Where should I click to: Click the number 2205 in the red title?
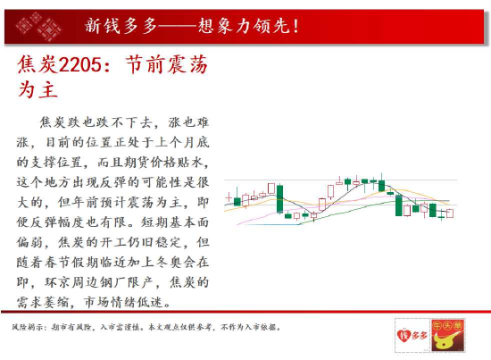click(x=80, y=65)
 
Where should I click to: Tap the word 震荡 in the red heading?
click(x=187, y=64)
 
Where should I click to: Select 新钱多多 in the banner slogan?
click(x=121, y=26)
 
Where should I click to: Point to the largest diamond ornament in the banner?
click(x=49, y=29)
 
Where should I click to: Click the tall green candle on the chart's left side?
click(x=279, y=199)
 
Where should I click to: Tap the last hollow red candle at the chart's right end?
click(x=450, y=213)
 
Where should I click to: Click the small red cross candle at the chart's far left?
click(x=229, y=197)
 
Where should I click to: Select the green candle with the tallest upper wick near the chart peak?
click(x=381, y=185)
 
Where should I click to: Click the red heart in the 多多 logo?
click(x=404, y=335)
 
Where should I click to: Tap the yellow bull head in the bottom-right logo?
click(x=445, y=341)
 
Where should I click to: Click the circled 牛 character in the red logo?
click(x=437, y=326)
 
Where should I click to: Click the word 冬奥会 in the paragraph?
click(x=176, y=262)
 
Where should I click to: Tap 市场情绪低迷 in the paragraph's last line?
click(x=124, y=302)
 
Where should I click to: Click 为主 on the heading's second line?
click(x=37, y=89)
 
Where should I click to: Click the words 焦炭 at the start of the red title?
click(x=37, y=64)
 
